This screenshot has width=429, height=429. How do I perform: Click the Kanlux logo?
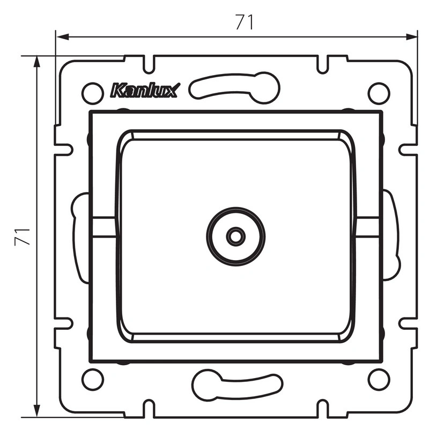click(145, 90)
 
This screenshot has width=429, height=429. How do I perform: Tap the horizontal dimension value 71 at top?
click(245, 22)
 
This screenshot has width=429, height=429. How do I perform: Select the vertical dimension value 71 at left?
click(23, 236)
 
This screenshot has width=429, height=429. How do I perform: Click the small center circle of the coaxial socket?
click(235, 236)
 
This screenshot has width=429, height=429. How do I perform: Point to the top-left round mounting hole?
click(92, 93)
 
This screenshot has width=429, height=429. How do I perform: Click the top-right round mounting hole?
click(379, 93)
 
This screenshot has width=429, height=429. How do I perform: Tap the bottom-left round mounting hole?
click(92, 380)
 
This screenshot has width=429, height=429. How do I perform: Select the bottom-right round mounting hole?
click(379, 380)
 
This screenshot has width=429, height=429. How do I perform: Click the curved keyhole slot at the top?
click(234, 87)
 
